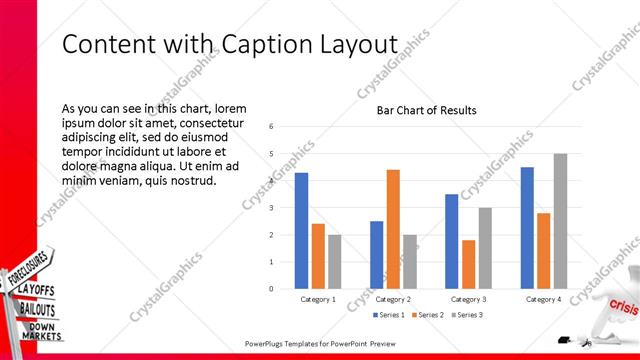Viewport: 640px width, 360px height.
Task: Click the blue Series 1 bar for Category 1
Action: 301,231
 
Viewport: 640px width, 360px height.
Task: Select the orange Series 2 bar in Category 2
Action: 393,229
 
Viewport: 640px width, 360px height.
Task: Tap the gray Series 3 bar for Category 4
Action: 560,221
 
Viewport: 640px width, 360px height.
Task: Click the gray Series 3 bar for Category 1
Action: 334,262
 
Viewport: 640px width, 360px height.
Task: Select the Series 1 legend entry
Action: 390,315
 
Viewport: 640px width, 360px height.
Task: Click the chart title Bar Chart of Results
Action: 426,110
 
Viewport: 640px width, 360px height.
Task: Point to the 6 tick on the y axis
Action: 271,127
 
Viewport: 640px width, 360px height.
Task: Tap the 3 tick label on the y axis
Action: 271,208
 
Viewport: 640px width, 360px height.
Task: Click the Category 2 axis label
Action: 393,299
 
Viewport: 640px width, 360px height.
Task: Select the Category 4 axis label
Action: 543,299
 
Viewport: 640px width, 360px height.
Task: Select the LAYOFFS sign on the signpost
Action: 36,290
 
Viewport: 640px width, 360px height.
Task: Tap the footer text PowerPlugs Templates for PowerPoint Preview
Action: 321,344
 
